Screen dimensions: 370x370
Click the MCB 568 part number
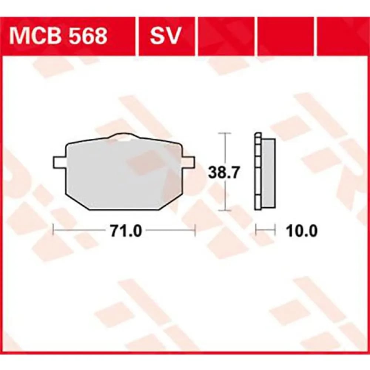pos(58,36)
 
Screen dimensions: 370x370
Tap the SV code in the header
pos(165,36)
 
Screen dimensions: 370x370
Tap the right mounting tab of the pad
pos(188,162)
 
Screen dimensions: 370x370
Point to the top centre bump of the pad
pos(124,136)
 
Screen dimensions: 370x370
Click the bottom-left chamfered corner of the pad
pos(77,200)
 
